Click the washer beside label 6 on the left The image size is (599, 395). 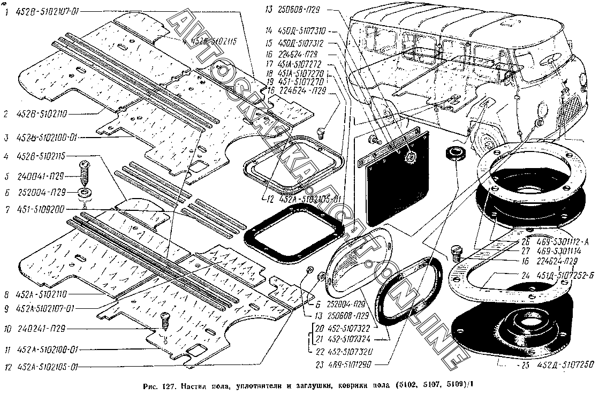click(x=84, y=192)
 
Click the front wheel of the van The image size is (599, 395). click(x=487, y=140)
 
